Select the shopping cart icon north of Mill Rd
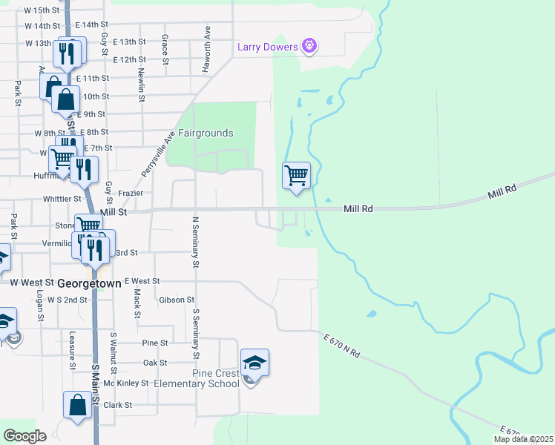[x=296, y=176]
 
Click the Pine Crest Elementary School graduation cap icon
[x=254, y=363]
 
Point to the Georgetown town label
[x=88, y=283]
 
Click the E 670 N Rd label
[x=341, y=346]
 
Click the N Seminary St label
[x=196, y=242]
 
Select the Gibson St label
[x=176, y=300]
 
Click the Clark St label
[x=117, y=405]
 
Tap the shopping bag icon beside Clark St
[x=77, y=405]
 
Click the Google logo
[x=24, y=436]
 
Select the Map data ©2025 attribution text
[x=523, y=439]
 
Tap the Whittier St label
[x=62, y=199]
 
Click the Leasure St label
[x=73, y=350]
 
